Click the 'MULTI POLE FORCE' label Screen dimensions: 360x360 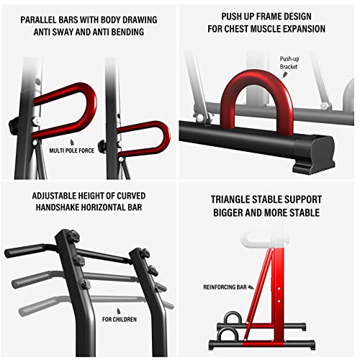[x=72, y=150]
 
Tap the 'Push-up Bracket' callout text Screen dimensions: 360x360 [x=289, y=63]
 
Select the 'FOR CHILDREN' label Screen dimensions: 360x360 [x=120, y=320]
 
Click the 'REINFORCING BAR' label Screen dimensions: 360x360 [x=225, y=287]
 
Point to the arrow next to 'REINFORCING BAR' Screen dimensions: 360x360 [x=251, y=287]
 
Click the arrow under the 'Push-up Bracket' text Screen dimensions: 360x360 [x=285, y=75]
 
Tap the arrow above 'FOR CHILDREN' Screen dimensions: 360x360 [x=118, y=311]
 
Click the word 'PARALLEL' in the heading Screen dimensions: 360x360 [x=36, y=19]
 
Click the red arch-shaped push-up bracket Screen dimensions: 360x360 [x=256, y=76]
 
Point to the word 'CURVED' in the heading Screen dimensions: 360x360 [x=131, y=196]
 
